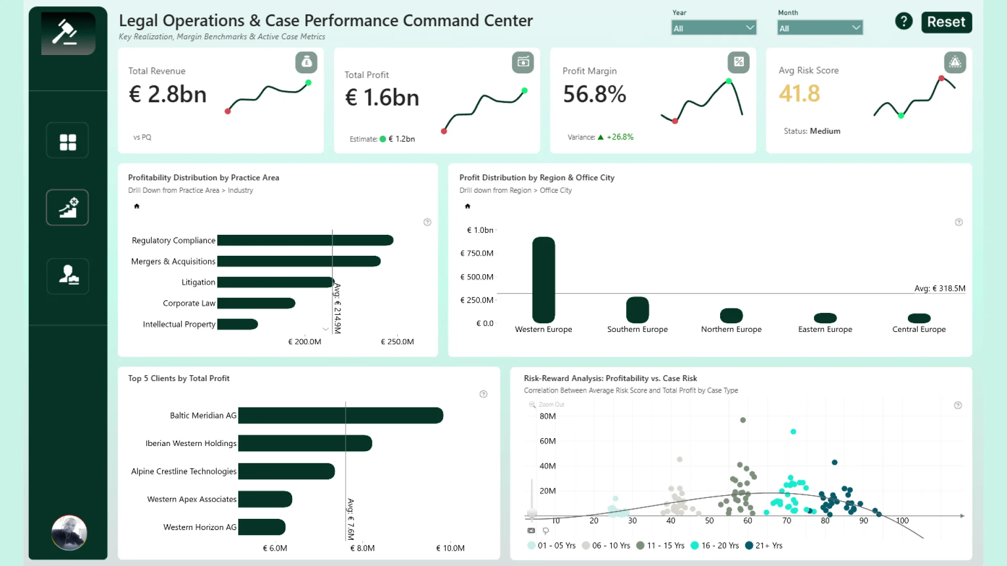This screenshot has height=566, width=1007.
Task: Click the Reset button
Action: pyautogui.click(x=946, y=22)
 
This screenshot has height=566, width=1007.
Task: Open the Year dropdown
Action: pyautogui.click(x=713, y=28)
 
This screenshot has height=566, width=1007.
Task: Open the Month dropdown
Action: pyautogui.click(x=820, y=28)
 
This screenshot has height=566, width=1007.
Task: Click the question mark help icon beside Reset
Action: pyautogui.click(x=904, y=21)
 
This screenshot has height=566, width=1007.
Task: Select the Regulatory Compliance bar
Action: pyautogui.click(x=305, y=240)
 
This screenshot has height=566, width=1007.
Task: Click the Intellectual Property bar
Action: pyautogui.click(x=238, y=324)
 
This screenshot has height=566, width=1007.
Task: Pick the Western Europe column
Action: pyautogui.click(x=543, y=280)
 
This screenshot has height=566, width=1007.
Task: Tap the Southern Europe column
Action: pyautogui.click(x=637, y=310)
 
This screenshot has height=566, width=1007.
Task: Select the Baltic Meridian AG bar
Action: pyautogui.click(x=341, y=415)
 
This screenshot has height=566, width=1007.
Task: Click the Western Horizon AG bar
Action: pyautogui.click(x=262, y=527)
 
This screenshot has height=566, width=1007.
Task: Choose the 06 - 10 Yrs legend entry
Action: pyautogui.click(x=606, y=546)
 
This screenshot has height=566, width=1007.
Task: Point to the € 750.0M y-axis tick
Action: pyautogui.click(x=477, y=253)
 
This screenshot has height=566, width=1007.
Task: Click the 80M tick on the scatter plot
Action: pyautogui.click(x=548, y=416)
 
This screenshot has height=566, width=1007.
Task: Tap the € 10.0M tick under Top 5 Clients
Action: pyautogui.click(x=451, y=548)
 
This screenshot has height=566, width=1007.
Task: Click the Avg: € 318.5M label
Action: pyautogui.click(x=940, y=288)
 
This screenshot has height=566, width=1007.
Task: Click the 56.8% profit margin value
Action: pyautogui.click(x=594, y=94)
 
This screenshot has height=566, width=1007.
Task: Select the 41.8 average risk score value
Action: pyautogui.click(x=799, y=94)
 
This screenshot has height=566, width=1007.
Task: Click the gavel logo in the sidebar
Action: pyautogui.click(x=68, y=33)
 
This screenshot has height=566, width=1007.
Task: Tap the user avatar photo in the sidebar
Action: pyautogui.click(x=69, y=533)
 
